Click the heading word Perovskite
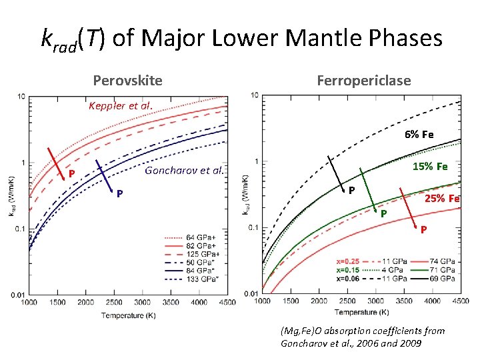(127, 81)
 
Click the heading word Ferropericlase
(364, 81)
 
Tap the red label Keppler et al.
(120, 105)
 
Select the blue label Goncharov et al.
(183, 170)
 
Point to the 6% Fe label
(419, 134)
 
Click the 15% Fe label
(430, 166)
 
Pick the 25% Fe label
(443, 198)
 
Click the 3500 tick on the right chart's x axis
(405, 301)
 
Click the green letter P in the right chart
(383, 213)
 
